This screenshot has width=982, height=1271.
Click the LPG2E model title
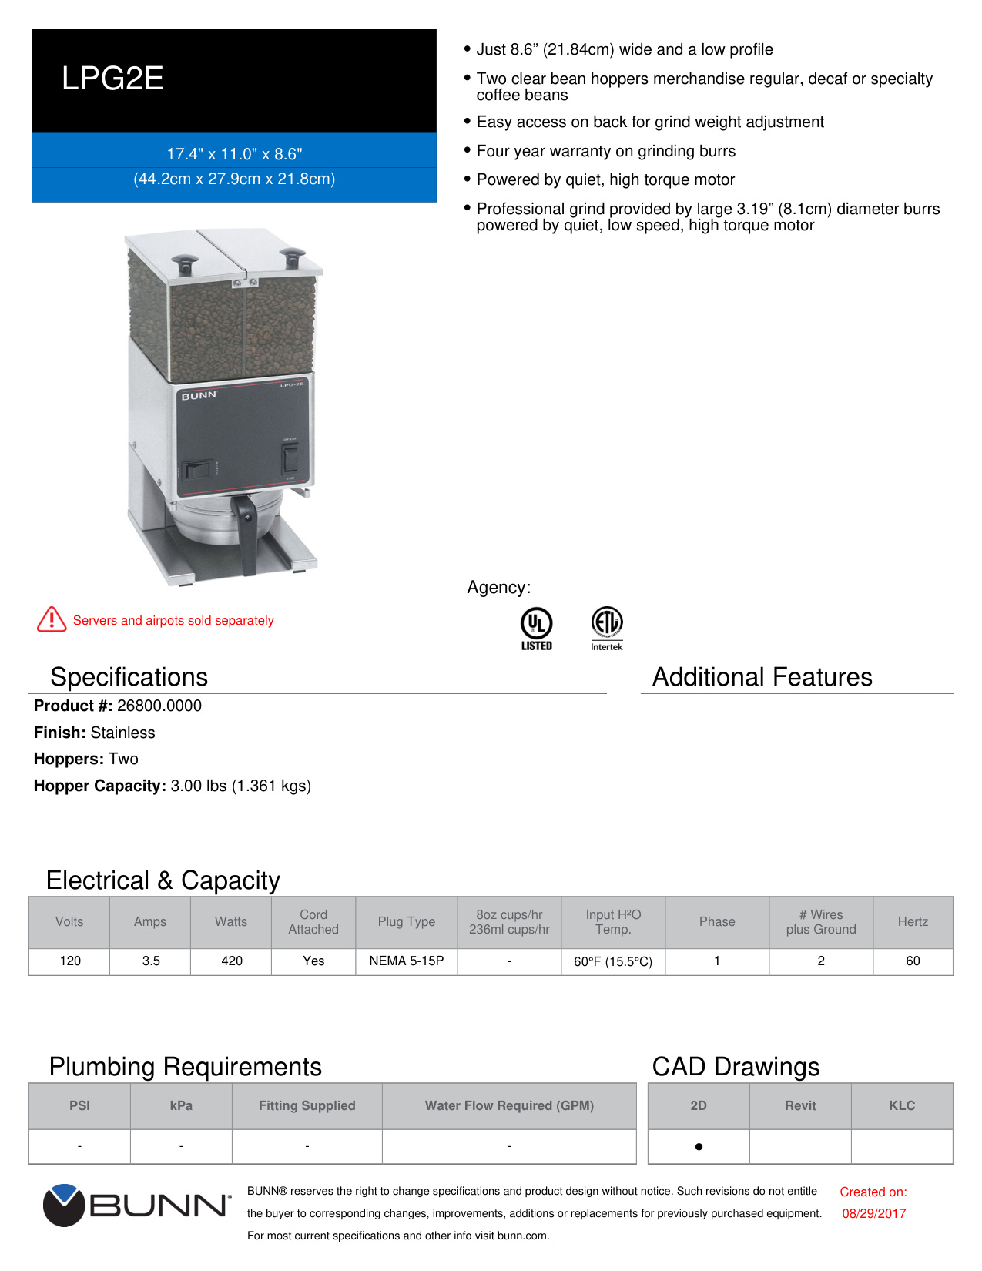coord(112,79)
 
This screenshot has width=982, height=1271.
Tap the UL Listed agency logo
coord(536,627)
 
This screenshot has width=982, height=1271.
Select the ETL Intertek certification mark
coord(607,627)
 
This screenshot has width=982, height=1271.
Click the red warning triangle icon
coord(52,619)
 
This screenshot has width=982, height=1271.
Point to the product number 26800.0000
coord(159,706)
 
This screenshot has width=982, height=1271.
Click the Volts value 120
coord(70,961)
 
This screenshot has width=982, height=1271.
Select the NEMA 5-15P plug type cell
coord(407,961)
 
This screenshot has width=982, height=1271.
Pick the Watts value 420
coord(232,961)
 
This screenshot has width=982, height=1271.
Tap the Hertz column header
coord(913,921)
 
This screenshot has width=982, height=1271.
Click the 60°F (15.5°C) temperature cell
coord(613,961)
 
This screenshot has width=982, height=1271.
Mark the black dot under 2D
coord(699,1146)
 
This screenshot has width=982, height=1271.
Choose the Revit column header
coord(800,1105)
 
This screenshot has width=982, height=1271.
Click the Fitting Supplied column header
coord(307,1105)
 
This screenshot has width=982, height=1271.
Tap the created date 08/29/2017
coord(873,1213)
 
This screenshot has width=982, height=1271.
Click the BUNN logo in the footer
coord(137,1206)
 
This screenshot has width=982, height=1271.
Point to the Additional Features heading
coord(762,677)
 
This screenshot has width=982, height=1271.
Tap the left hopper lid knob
coord(185,263)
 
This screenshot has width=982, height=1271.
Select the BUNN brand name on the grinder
coord(199,395)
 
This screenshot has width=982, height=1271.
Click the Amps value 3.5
coord(151,961)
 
